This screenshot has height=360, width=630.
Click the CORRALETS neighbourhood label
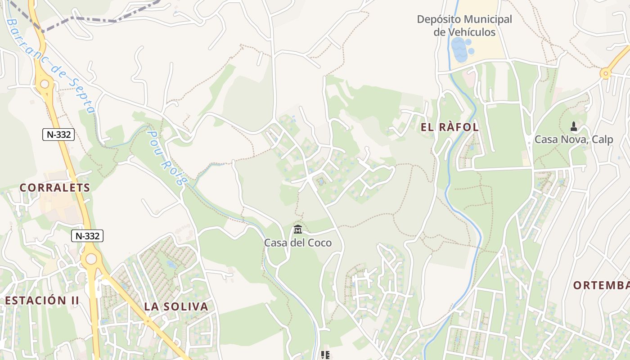[x=55, y=188]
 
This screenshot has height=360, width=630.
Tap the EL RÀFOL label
[x=450, y=127]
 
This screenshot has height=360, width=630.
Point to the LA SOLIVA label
[x=176, y=307]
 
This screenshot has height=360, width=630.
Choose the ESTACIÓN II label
[x=42, y=300]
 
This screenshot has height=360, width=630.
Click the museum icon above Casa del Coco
[x=297, y=230]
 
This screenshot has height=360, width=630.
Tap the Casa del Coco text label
[x=297, y=243]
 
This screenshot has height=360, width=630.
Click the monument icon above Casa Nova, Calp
[x=573, y=126]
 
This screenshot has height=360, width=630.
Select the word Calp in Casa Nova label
[x=603, y=139]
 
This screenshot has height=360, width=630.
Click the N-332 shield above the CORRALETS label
[x=58, y=134]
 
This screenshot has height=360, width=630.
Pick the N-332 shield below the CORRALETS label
[x=87, y=235]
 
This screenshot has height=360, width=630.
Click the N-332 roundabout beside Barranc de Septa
[x=45, y=84]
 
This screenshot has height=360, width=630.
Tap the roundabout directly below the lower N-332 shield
[x=91, y=258]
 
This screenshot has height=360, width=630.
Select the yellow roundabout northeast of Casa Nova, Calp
[x=606, y=72]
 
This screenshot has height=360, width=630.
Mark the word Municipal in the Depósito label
[x=488, y=20]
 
